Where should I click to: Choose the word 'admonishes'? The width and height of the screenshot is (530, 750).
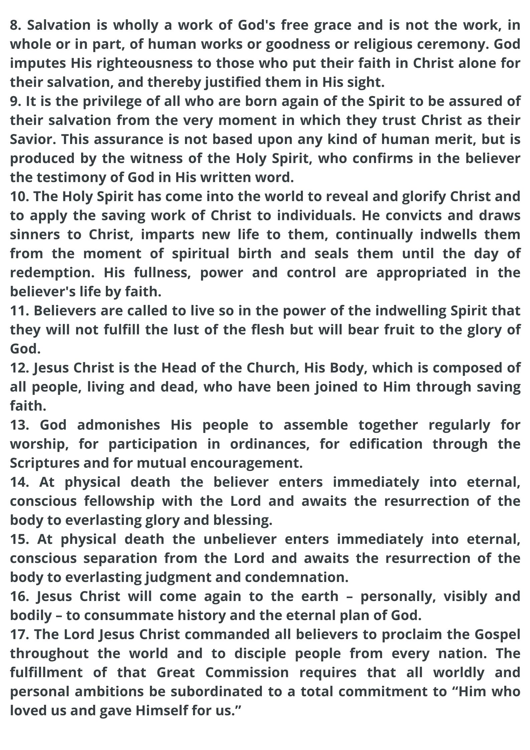tap(118, 425)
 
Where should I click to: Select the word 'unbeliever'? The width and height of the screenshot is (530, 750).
tap(240, 539)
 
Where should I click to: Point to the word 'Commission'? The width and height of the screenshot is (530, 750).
tap(247, 672)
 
